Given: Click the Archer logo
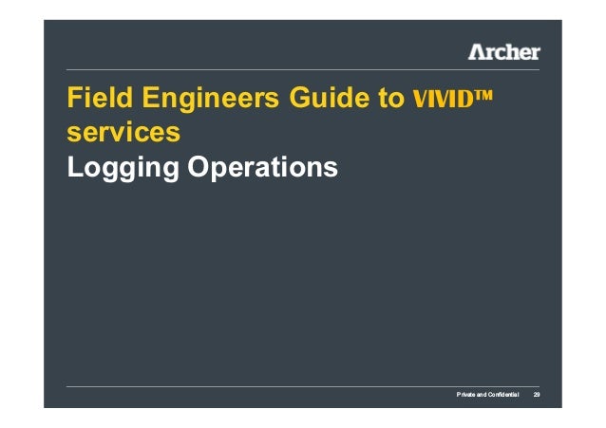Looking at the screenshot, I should tap(503, 51).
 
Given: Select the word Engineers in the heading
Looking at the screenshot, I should tap(198, 99).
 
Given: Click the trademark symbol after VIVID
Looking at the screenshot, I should tap(488, 95).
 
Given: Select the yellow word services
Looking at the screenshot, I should tap(123, 133).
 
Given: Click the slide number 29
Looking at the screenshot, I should tap(536, 394).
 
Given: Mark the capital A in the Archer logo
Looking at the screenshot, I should tap(477, 51).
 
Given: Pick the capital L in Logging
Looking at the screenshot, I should tap(72, 167).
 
